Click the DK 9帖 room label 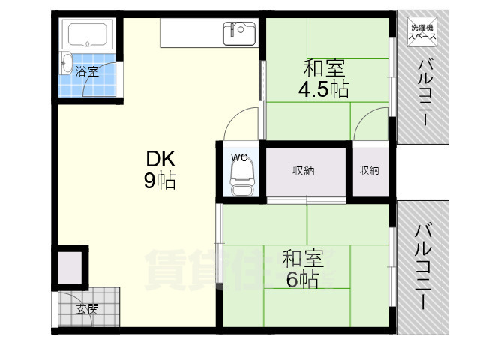point(160,170)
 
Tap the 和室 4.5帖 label point(324,78)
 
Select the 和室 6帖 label point(302,268)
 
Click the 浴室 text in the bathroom point(87,71)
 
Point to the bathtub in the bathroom point(88,34)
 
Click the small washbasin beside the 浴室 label point(67,63)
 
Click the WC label point(238,157)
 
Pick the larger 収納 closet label point(303,170)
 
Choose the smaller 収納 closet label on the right point(370,170)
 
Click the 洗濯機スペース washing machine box point(422,31)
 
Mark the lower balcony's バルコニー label point(423,267)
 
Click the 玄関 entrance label point(87,309)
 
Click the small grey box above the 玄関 point(70,267)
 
